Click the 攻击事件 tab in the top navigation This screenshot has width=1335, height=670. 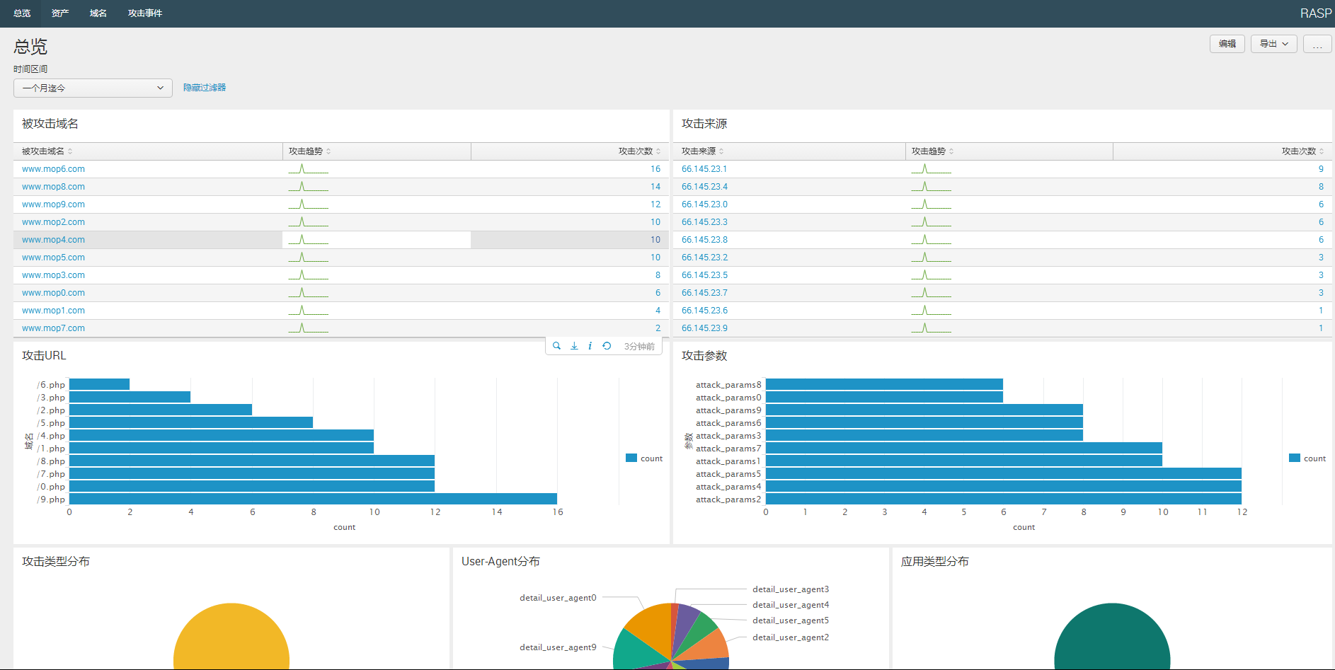(x=144, y=13)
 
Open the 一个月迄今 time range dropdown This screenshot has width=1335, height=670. (x=93, y=88)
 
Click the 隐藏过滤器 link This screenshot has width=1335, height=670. (x=204, y=88)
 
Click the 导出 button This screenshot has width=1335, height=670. (x=1273, y=44)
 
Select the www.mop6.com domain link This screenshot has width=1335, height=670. (x=53, y=169)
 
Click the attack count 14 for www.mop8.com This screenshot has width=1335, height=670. (x=655, y=187)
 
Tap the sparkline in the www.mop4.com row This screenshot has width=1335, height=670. (x=308, y=240)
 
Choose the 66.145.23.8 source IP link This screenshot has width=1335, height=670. (x=704, y=240)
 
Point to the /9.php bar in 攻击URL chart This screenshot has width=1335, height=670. (x=313, y=499)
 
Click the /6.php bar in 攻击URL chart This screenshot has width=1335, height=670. (x=99, y=385)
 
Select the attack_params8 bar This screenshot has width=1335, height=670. (x=884, y=385)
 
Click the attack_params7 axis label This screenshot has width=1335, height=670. (x=728, y=449)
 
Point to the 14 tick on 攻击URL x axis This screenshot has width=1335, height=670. (x=497, y=512)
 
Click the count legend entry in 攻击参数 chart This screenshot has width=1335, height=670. (x=1307, y=458)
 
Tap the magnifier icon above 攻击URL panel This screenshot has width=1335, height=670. (x=556, y=346)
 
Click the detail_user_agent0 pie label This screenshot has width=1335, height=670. (x=558, y=598)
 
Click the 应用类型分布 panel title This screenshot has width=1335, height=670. (x=934, y=562)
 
